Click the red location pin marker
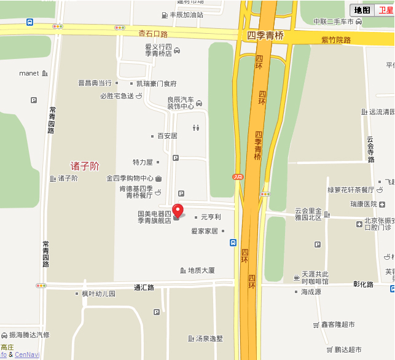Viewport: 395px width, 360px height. coord(178,210)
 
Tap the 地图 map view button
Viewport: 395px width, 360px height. coord(362,10)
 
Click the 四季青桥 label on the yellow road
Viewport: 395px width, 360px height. coord(266,36)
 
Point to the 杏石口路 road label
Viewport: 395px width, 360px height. coord(153,34)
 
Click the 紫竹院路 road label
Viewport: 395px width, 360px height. coord(336,40)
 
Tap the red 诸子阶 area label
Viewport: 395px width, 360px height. coord(85,166)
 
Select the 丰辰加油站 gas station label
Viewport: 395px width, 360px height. coord(186,15)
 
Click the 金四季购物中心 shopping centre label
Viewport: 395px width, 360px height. coord(130,179)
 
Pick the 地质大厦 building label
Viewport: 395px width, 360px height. coord(201,270)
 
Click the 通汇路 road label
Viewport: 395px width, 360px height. coord(144,287)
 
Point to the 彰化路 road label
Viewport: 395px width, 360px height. coord(363,284)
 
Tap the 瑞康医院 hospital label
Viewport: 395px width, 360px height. coord(363,204)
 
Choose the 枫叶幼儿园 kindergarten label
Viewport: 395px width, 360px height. coord(98,294)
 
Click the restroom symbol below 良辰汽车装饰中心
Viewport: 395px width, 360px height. coord(196,128)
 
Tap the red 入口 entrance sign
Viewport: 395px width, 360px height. coord(238,177)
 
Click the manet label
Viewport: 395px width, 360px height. coord(29,74)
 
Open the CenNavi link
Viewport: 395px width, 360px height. coord(27,354)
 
